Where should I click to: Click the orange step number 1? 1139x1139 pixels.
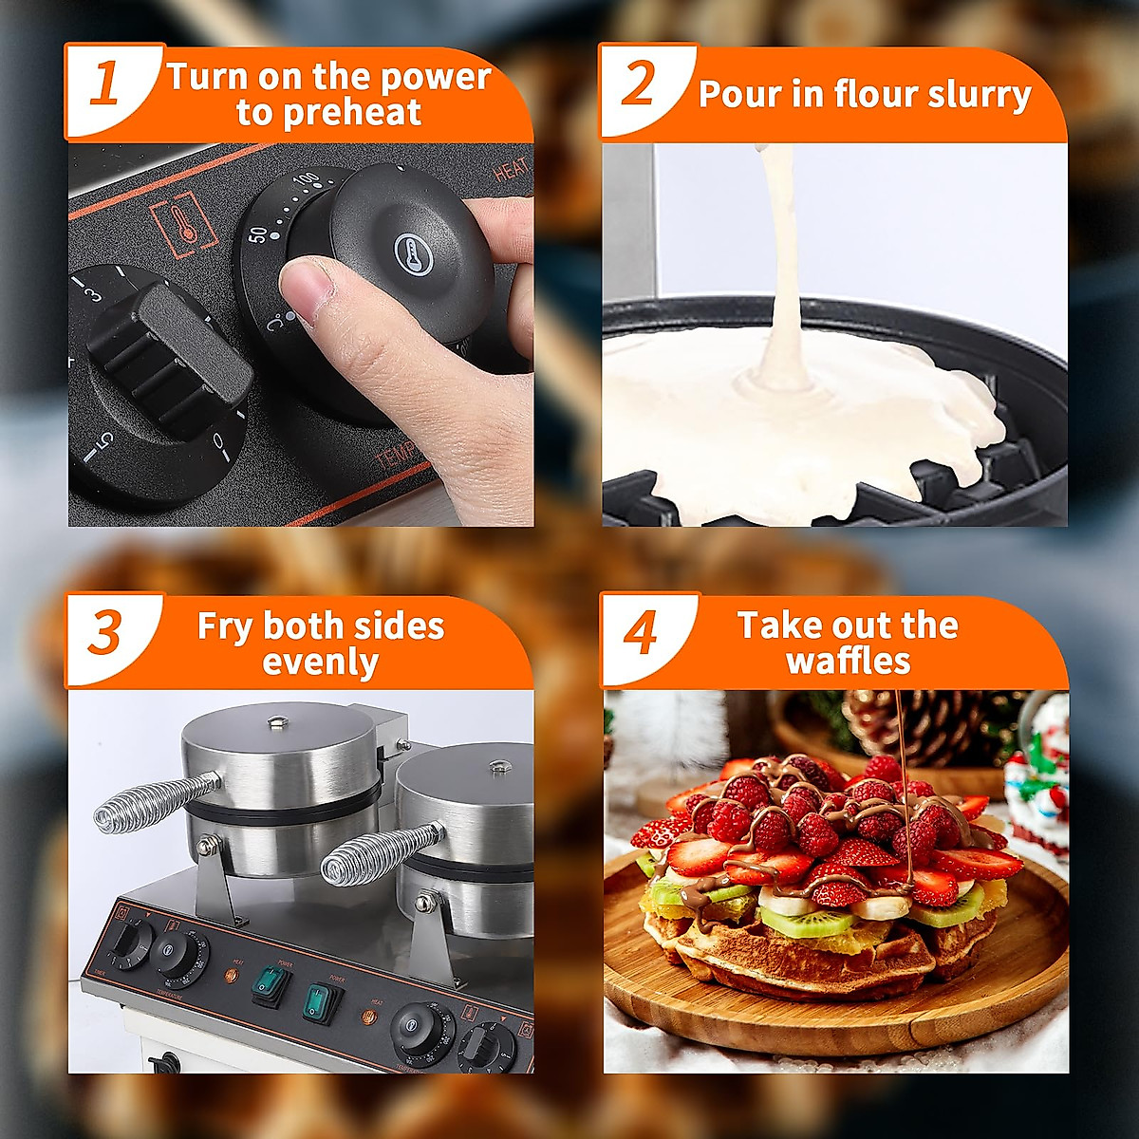tap(104, 84)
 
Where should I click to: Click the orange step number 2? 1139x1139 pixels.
tap(640, 84)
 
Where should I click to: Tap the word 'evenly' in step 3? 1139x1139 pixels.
tap(320, 662)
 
